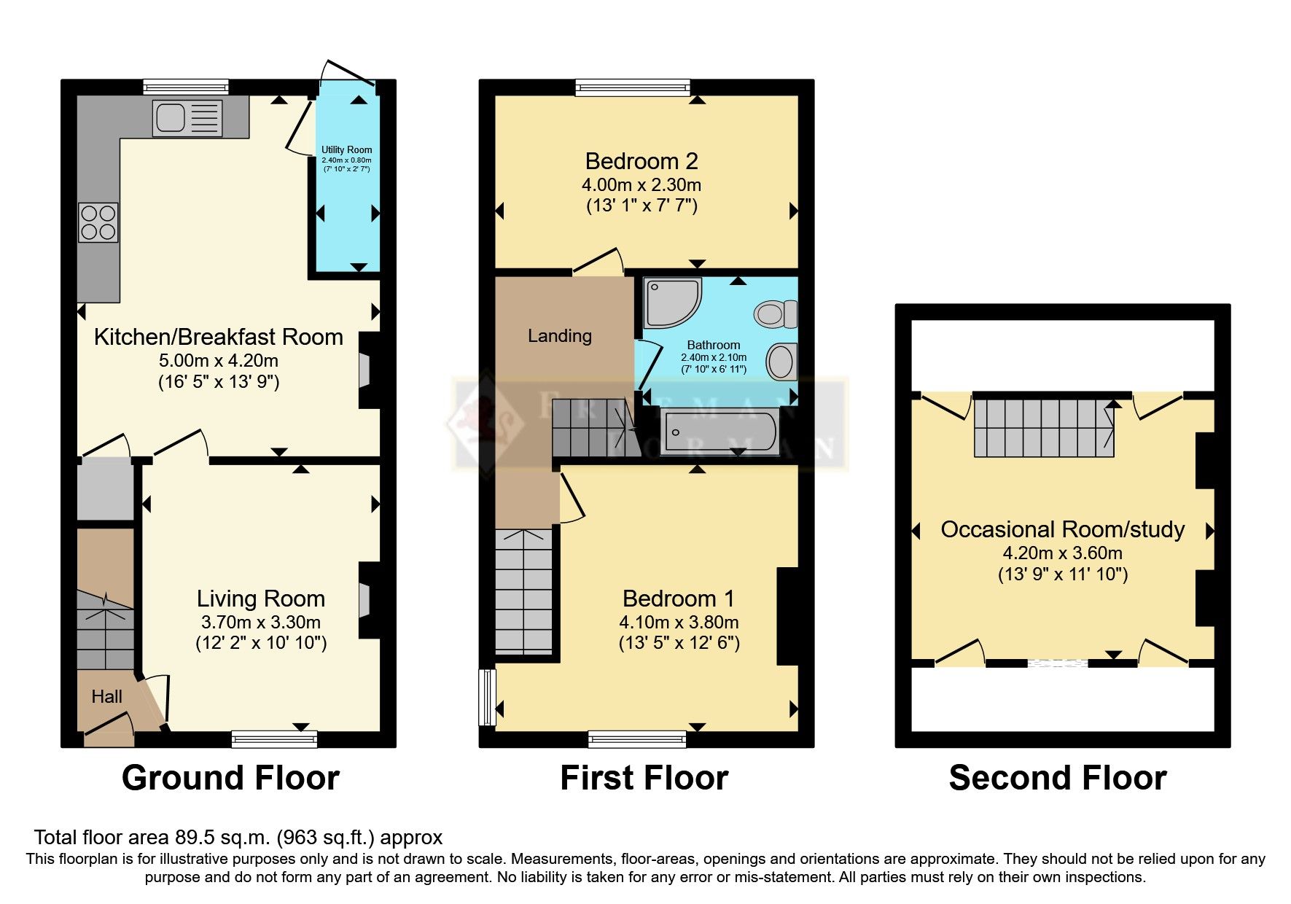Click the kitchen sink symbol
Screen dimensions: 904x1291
tap(187, 118)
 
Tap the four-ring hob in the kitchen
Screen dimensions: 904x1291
tap(98, 222)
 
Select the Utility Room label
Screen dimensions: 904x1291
tap(347, 149)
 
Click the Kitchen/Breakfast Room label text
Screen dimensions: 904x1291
tap(218, 337)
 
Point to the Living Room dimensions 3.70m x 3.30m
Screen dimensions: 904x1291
tap(261, 623)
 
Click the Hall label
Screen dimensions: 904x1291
tap(106, 697)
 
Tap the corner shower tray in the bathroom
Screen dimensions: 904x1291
tap(671, 302)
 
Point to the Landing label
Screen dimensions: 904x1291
tap(559, 336)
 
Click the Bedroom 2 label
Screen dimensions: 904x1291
tap(641, 161)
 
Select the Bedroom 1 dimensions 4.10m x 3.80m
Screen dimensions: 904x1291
tap(679, 623)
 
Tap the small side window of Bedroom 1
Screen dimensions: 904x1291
tap(486, 697)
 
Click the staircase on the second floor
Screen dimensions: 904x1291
tap(1043, 428)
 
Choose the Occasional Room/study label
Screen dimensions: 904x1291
tap(1062, 529)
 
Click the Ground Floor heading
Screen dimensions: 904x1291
tap(230, 778)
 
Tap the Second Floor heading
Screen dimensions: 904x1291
tap(1057, 778)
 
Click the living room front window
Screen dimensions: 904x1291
tap(274, 739)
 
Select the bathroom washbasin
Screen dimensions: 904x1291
tap(781, 362)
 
